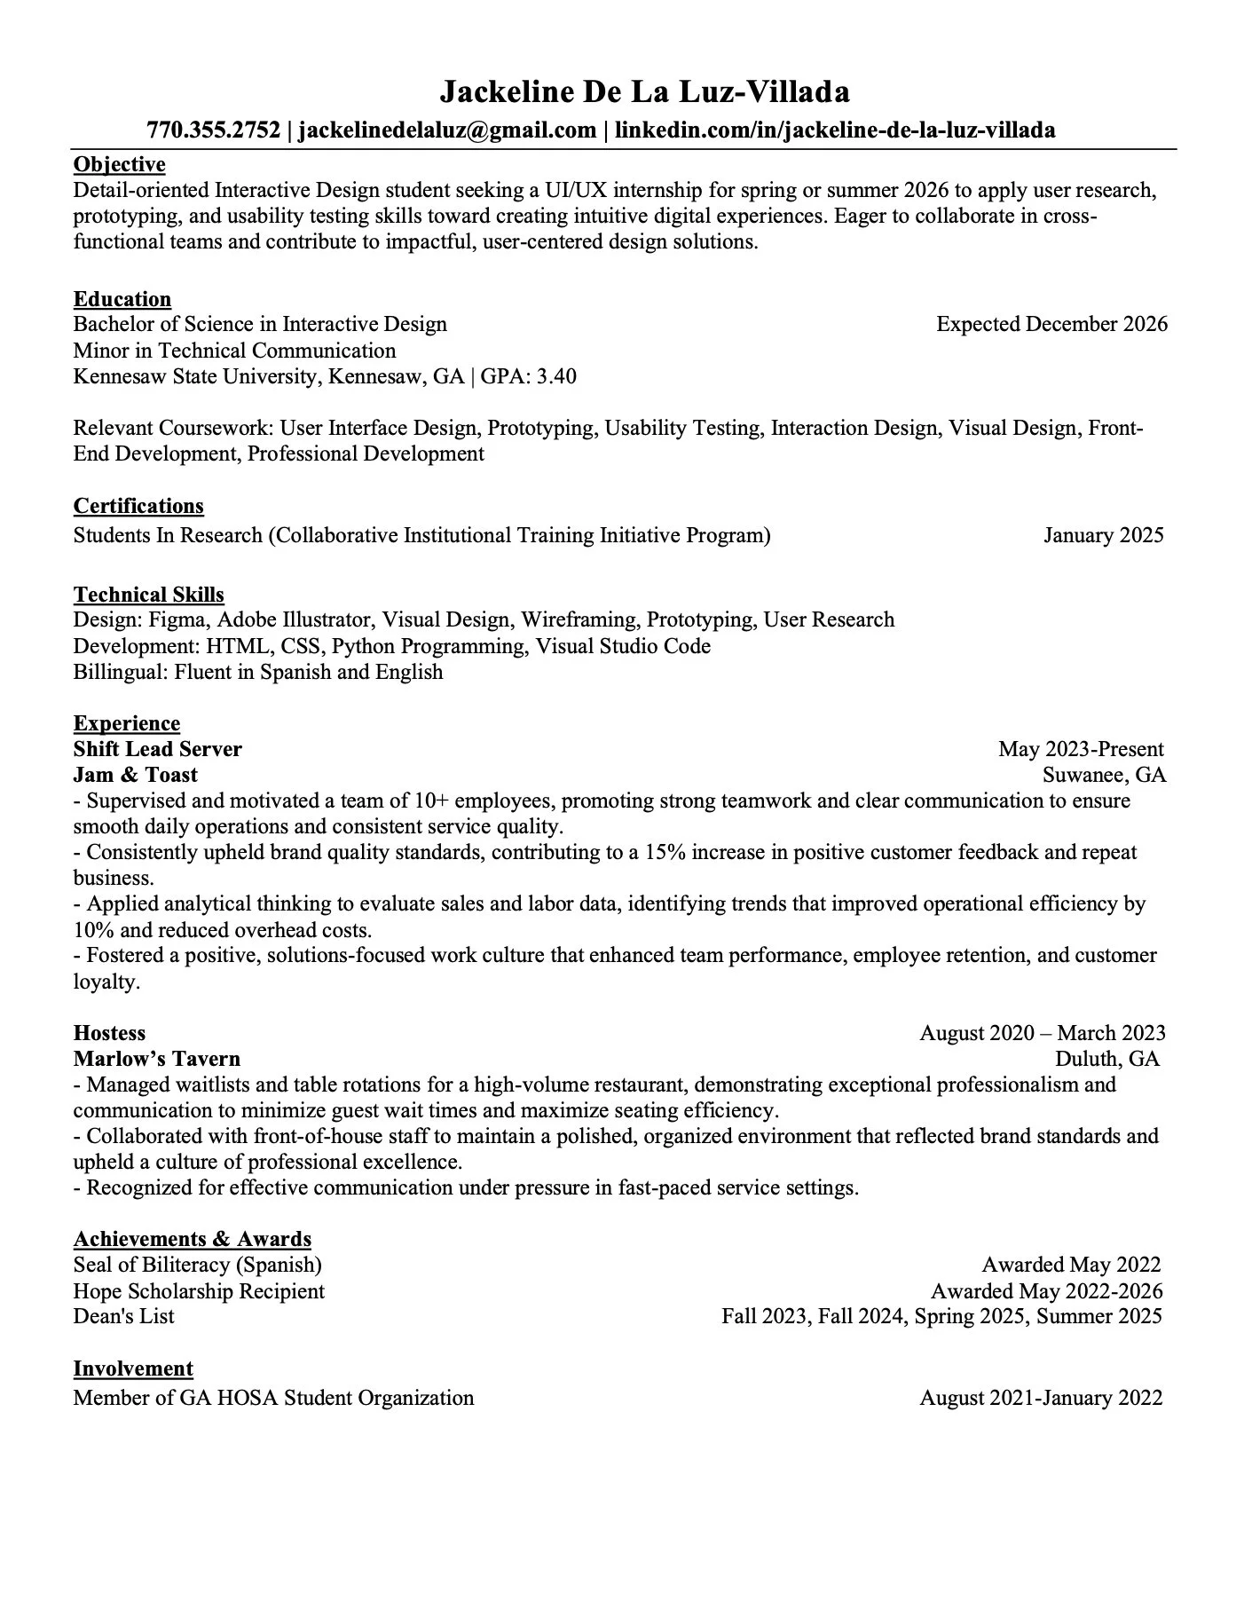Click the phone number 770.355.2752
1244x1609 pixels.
[213, 130]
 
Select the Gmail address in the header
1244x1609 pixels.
[447, 130]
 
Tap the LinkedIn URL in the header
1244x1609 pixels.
[835, 130]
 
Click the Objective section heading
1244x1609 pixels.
[119, 164]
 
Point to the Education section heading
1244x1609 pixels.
[122, 299]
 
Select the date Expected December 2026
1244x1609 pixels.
[1051, 324]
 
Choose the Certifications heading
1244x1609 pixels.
[138, 506]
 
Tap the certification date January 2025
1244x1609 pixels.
[1103, 535]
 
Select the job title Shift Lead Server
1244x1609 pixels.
[157, 749]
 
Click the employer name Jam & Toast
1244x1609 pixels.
[135, 775]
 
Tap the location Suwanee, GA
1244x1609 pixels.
[1104, 775]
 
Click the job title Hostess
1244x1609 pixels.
[109, 1033]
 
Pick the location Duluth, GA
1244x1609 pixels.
[1106, 1059]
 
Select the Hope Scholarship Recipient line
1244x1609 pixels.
[199, 1291]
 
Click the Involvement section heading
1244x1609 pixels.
[133, 1368]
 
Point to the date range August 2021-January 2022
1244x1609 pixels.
[1041, 1398]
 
